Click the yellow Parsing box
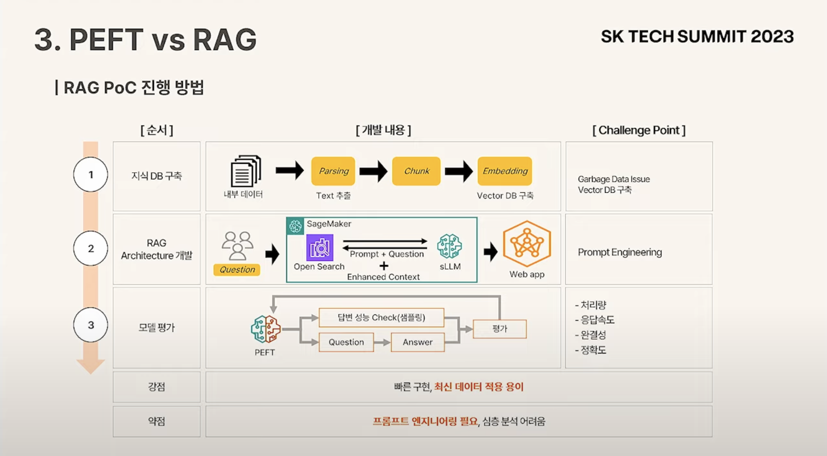coord(333,171)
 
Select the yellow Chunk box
coord(416,171)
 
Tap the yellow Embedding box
coord(505,171)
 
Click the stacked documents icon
coord(246,171)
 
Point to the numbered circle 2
coord(91,248)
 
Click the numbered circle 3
coord(91,325)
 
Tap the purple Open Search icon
coord(320,248)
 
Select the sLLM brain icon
coord(449,246)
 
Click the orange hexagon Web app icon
coord(527,244)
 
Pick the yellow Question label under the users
coord(237,270)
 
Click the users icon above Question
coord(237,246)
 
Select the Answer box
coord(417,342)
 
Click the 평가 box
coord(499,329)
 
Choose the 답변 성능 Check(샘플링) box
coord(381,317)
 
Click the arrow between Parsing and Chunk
coord(373,171)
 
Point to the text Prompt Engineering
coord(619,252)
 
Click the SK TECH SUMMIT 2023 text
coord(697,37)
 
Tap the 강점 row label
coord(156,387)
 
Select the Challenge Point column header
coord(639,130)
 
